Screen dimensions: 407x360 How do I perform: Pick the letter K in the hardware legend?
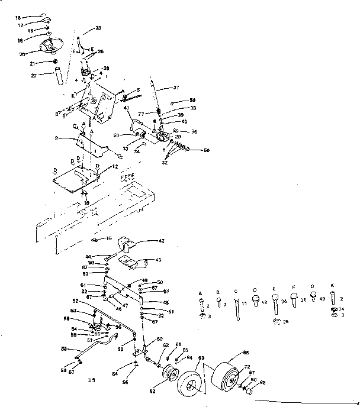click(x=333, y=292)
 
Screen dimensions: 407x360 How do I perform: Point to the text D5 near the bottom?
click(x=91, y=379)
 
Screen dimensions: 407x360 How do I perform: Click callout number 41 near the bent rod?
click(x=127, y=108)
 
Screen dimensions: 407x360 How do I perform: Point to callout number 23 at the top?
click(x=98, y=28)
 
